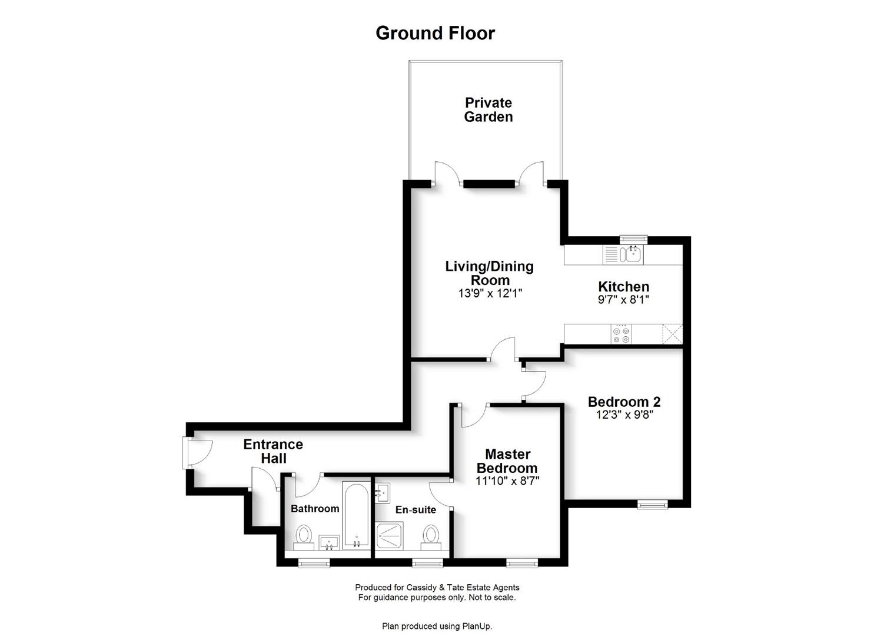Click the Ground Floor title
pos(435,33)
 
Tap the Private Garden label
pos(488,110)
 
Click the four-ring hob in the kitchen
pos(621,335)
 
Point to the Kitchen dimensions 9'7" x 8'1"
pos(623,300)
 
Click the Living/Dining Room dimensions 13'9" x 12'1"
pos(490,293)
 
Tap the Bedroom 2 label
pos(624,402)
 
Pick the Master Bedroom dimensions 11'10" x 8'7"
pos(507,481)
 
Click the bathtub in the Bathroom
pos(356,515)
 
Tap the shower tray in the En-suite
pos(390,535)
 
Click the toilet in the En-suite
pos(431,538)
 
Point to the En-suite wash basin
pos(383,493)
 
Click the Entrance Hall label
pos(273,451)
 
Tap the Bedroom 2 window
pos(652,505)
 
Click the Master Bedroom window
pos(522,563)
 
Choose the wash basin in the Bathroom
pos(330,542)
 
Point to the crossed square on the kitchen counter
pos(672,334)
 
